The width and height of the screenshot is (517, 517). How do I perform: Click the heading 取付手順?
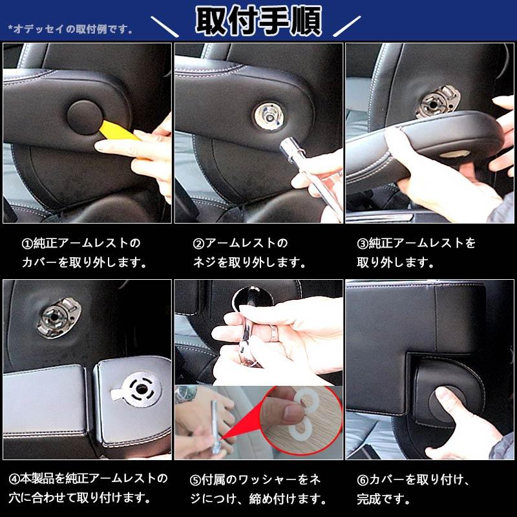[258, 21]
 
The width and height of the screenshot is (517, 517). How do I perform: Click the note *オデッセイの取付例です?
[70, 29]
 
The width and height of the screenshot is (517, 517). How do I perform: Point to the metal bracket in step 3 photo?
[438, 101]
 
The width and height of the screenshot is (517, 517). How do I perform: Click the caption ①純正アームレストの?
[81, 243]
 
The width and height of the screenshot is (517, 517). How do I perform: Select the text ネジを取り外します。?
[249, 263]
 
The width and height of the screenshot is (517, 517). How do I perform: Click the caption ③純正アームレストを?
[416, 243]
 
